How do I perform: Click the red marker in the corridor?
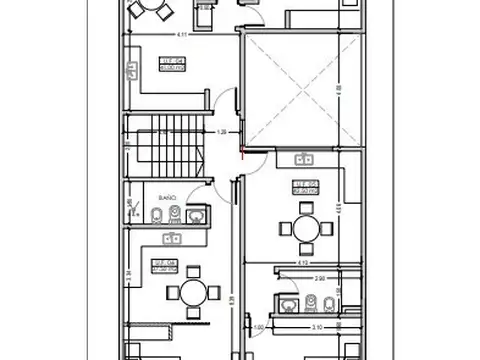244,152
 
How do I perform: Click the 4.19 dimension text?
299,261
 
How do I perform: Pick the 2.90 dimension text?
319,279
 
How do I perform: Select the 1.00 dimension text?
258,327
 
